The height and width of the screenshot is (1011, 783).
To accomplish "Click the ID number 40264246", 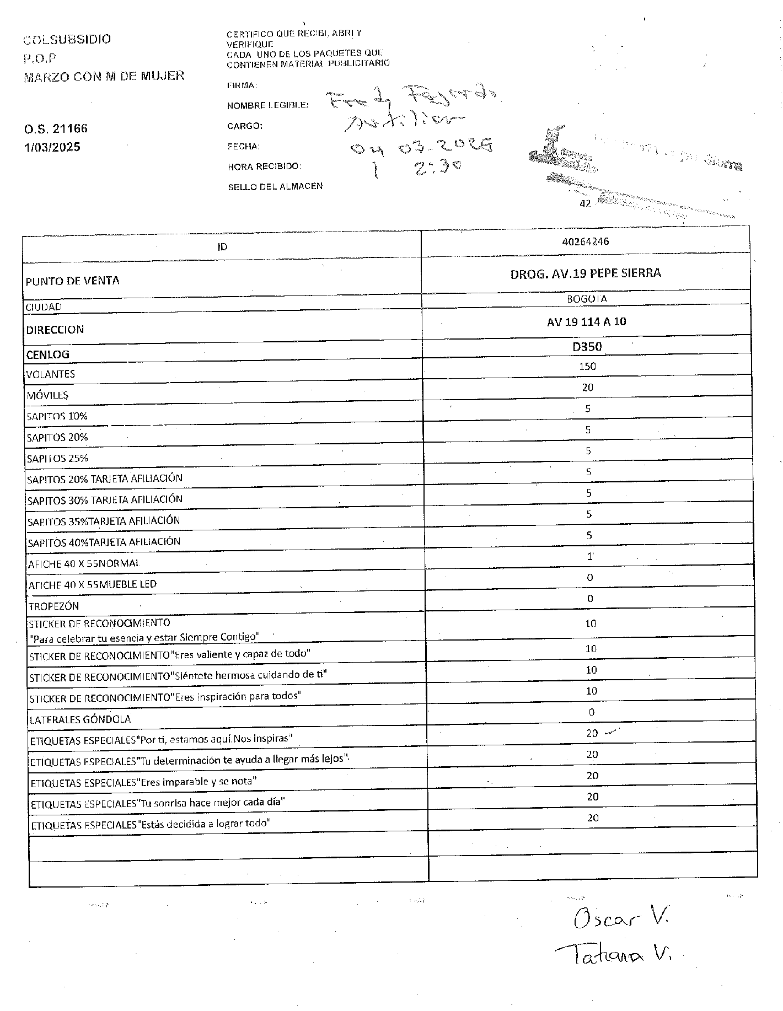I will pyautogui.click(x=586, y=241).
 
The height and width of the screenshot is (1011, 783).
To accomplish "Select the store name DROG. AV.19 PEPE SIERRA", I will pyautogui.click(x=586, y=273).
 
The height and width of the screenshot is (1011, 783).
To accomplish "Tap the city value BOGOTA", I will pyautogui.click(x=587, y=299).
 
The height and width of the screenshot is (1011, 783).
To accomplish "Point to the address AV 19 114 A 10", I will pyautogui.click(x=587, y=321).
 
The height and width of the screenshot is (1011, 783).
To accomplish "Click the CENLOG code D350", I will pyautogui.click(x=587, y=347).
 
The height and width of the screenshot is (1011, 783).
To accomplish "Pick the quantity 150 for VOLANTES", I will pyautogui.click(x=587, y=367).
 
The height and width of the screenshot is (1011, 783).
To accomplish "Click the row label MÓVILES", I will pyautogui.click(x=47, y=395).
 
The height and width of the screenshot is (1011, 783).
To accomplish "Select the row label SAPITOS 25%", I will pyautogui.click(x=57, y=458).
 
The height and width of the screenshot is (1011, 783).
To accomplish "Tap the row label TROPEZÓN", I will pyautogui.click(x=53, y=606).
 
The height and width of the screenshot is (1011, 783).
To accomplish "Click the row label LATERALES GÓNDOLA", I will pyautogui.click(x=80, y=719).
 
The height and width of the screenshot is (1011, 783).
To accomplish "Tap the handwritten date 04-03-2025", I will pyautogui.click(x=422, y=146).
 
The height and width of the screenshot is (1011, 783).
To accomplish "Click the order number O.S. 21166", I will pyautogui.click(x=56, y=129).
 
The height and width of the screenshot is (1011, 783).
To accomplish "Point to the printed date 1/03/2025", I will pyautogui.click(x=52, y=147).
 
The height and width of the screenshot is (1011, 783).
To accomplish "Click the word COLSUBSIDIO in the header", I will pyautogui.click(x=67, y=39).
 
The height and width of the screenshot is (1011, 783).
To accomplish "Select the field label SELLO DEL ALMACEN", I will pyautogui.click(x=275, y=187).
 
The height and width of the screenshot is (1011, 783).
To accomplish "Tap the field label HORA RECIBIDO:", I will pyautogui.click(x=264, y=166).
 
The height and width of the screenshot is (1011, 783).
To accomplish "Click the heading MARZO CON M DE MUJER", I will pyautogui.click(x=104, y=77).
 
